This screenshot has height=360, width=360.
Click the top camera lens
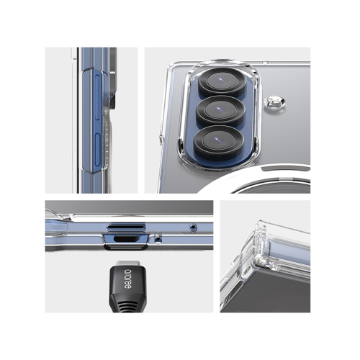click(x=222, y=81)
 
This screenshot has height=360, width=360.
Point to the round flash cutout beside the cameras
click(x=274, y=102)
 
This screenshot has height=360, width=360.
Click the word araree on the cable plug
click(x=128, y=279)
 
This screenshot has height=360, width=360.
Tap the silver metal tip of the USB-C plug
click(x=127, y=264)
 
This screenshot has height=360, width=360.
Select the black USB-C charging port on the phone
click(x=125, y=239)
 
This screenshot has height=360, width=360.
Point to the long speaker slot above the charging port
click(x=126, y=227)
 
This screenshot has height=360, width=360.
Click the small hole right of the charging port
click(x=157, y=239)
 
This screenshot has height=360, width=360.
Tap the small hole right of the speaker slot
click(x=193, y=227)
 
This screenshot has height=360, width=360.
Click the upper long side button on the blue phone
click(x=97, y=96)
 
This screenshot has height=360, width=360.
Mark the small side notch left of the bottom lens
click(x=161, y=140)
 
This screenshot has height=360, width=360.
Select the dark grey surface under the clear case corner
click(x=274, y=293)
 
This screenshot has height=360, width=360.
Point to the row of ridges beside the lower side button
click(x=106, y=139)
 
